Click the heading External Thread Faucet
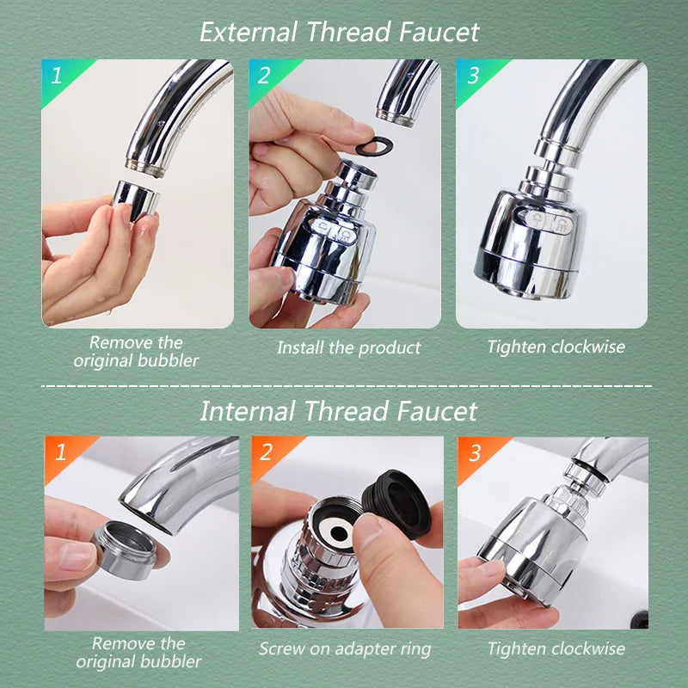point(339,32)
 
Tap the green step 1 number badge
point(57,76)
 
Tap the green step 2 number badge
point(264,76)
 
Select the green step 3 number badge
point(472,76)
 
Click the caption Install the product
point(348,348)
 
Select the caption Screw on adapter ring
point(345,648)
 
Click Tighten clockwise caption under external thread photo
point(556,347)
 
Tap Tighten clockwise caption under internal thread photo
point(556,648)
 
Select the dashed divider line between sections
point(344,385)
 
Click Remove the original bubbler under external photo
point(136,351)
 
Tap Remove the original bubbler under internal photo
point(138,652)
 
